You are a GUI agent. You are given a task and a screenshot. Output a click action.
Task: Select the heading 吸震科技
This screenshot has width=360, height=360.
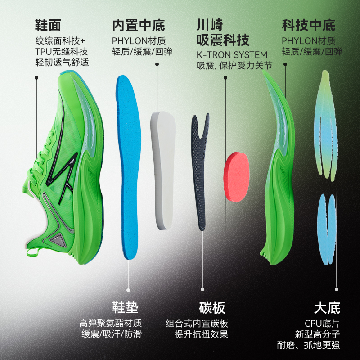click(223, 40)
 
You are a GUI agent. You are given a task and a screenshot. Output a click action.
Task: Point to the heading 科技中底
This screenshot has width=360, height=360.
click(309, 25)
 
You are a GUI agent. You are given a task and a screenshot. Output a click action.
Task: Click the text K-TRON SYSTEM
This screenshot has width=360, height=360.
click(232, 54)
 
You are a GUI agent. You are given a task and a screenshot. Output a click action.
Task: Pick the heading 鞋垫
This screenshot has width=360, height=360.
click(125, 308)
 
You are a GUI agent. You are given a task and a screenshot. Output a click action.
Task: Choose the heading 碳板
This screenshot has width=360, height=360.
click(212, 308)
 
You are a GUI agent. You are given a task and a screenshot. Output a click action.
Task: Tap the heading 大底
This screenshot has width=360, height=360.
click(327, 308)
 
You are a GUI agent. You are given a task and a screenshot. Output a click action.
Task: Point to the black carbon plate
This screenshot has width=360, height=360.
click(200, 171)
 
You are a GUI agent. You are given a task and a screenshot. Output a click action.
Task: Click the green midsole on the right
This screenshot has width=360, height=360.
click(277, 180)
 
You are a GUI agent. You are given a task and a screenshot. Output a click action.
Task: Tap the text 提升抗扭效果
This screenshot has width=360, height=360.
click(201, 334)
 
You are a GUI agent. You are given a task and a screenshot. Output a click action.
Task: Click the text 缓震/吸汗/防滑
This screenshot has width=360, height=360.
click(111, 334)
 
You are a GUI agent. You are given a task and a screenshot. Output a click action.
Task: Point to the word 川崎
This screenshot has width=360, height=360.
click(210, 25)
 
